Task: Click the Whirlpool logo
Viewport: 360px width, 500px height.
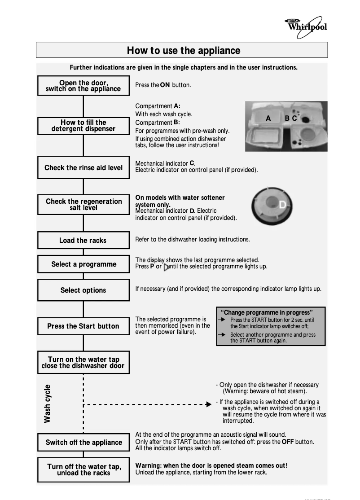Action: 307,25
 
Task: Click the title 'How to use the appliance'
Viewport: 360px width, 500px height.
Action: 183,50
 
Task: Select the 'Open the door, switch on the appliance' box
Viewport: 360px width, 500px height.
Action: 83,85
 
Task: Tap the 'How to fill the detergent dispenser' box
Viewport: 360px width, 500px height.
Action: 83,126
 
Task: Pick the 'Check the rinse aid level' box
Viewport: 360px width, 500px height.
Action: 83,168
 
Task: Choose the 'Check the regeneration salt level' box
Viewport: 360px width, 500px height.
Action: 83,205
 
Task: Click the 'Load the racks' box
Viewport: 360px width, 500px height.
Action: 83,241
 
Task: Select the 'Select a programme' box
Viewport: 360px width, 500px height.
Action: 83,264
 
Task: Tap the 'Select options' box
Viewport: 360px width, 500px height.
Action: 83,290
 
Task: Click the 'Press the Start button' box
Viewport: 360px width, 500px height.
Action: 83,326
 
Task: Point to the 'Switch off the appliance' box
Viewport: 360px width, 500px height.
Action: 83,443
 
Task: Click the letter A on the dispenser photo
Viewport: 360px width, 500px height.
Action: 268,118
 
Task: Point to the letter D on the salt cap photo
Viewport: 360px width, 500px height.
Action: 282,205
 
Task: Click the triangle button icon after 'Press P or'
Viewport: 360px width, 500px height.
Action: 167,267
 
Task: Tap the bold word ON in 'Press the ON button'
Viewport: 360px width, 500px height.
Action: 165,85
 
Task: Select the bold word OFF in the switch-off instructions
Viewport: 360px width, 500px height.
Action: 288,442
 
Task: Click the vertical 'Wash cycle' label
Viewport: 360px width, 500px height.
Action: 47,404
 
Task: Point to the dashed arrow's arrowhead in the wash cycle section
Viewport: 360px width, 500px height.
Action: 208,404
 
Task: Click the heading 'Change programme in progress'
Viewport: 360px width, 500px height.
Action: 268,312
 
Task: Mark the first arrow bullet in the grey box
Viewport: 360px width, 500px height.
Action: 223,320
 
